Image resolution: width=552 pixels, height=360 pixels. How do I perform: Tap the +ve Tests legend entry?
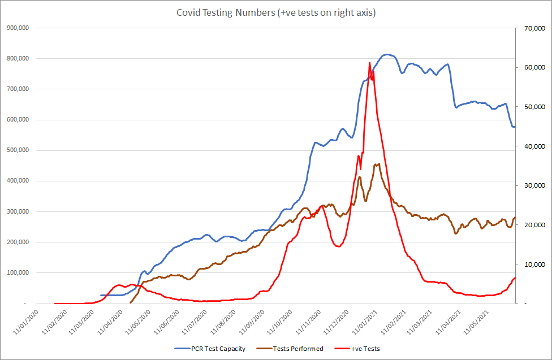coord(365,349)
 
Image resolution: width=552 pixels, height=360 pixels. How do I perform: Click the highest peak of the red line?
coord(369,63)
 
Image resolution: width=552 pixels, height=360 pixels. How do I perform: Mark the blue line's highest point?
coord(386,54)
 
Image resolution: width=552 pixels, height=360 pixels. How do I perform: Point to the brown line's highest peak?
coord(378,164)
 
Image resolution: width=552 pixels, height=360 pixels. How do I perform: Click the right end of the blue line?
coord(514,127)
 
